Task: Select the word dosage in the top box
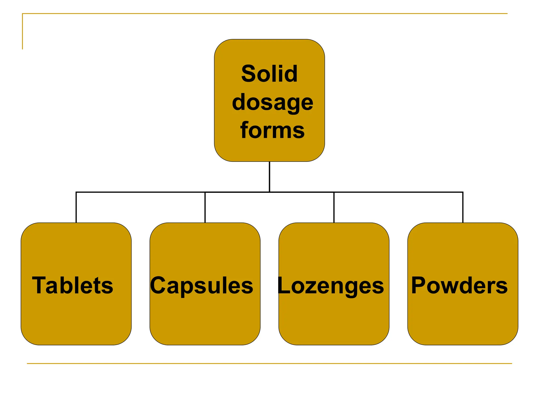coord(273,103)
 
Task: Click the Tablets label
coord(73,285)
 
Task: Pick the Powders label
coord(459,285)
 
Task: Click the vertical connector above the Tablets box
coord(76,208)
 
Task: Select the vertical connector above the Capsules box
coord(205,208)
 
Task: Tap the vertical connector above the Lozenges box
coord(334,208)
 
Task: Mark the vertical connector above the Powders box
coord(463,208)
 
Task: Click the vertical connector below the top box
coord(269,177)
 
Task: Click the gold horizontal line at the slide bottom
coord(269,363)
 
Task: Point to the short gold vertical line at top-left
coord(22,32)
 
